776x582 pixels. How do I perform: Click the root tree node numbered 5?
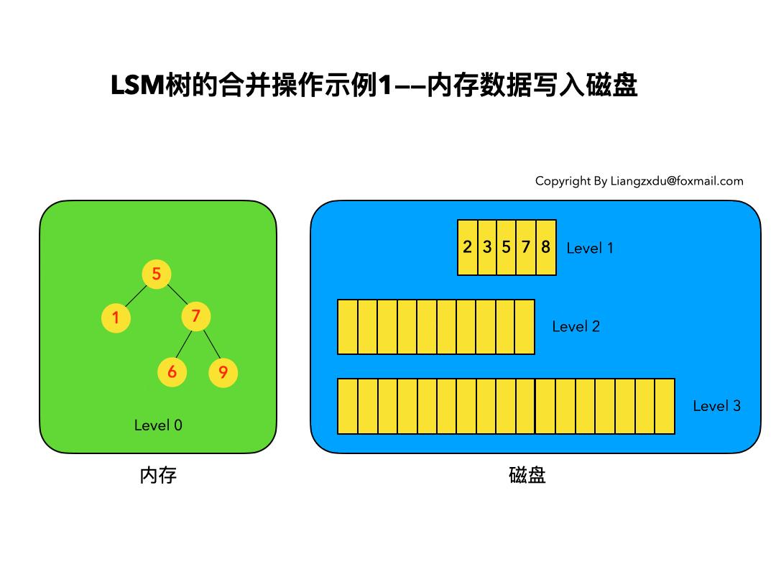[156, 273]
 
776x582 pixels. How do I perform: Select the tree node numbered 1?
[116, 317]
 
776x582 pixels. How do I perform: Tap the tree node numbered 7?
[195, 316]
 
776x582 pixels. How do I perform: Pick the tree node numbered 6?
[172, 371]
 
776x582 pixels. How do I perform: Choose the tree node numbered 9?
[223, 372]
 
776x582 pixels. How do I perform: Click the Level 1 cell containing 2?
[468, 247]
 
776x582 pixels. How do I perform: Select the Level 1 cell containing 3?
[487, 247]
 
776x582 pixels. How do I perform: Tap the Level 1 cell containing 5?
[507, 247]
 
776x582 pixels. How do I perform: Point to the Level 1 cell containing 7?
[526, 247]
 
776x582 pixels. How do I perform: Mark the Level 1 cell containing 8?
[546, 247]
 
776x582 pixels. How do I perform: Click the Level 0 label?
[158, 425]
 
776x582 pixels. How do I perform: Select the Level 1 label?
[590, 249]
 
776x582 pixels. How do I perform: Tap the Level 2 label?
[576, 327]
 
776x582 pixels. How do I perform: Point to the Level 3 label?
[716, 406]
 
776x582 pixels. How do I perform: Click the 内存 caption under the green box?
[158, 476]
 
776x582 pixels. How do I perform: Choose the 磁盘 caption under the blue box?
[527, 476]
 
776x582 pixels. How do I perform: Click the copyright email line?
[639, 181]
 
